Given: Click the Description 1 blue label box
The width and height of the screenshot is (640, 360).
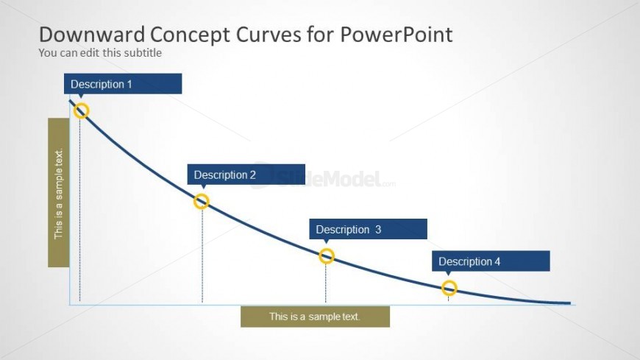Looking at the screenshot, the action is click(x=123, y=84).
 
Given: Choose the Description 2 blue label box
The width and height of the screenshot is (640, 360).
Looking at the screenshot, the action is click(x=246, y=174).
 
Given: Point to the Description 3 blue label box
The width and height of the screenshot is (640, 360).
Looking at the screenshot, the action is click(x=368, y=229).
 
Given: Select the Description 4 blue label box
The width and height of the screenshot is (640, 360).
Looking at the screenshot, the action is click(x=491, y=261).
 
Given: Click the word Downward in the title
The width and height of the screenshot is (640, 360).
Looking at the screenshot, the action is click(x=92, y=35).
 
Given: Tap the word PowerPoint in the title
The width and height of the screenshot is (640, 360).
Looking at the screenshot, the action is click(x=397, y=35).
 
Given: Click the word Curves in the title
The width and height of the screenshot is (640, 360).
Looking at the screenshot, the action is click(x=269, y=35).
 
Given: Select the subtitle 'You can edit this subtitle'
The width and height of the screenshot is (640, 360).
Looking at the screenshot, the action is click(x=100, y=53).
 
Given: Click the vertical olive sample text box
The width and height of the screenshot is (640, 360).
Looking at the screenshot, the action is click(x=58, y=192).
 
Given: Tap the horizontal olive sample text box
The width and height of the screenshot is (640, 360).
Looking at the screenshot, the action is click(x=315, y=317).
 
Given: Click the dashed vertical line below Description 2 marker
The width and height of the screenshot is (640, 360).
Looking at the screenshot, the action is click(x=202, y=255).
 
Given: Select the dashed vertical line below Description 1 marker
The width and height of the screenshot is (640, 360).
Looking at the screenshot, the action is click(x=79, y=210).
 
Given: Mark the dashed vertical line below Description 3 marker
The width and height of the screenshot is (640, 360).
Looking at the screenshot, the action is click(x=326, y=283).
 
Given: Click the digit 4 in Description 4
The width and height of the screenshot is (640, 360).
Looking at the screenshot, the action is click(x=497, y=261).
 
